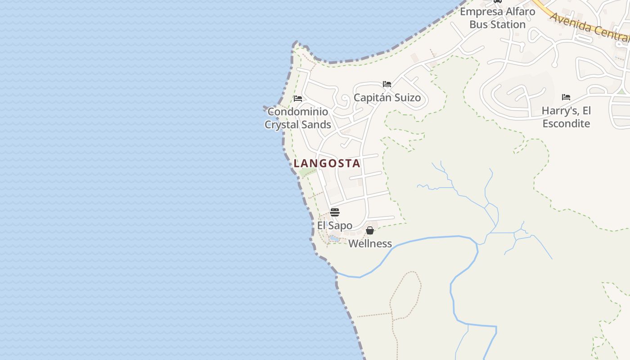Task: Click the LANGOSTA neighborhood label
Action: point(327,163)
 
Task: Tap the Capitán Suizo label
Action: point(387,98)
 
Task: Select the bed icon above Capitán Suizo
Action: point(387,84)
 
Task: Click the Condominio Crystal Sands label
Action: point(297,118)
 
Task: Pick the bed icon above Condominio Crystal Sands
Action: point(297,99)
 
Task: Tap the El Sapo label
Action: point(334,225)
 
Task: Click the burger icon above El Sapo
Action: point(334,212)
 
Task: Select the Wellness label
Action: point(370,243)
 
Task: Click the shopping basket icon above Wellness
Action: point(370,230)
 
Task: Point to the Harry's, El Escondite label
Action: point(566,117)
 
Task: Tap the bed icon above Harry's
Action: point(566,97)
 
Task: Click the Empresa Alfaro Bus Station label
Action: point(497,18)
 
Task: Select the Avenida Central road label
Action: point(589,27)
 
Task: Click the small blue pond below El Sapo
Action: point(334,238)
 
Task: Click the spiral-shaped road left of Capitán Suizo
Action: point(345,99)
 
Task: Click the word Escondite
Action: point(566,123)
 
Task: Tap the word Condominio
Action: point(297,112)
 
